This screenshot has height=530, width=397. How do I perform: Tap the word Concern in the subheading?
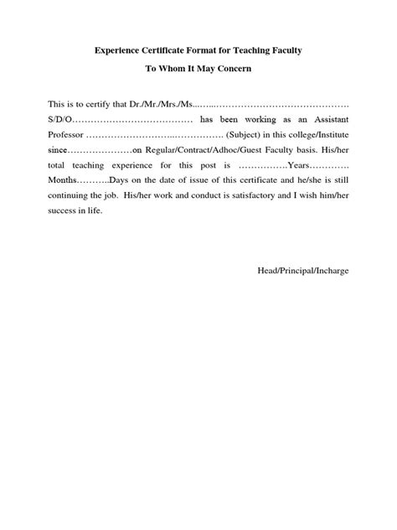[250, 68]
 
